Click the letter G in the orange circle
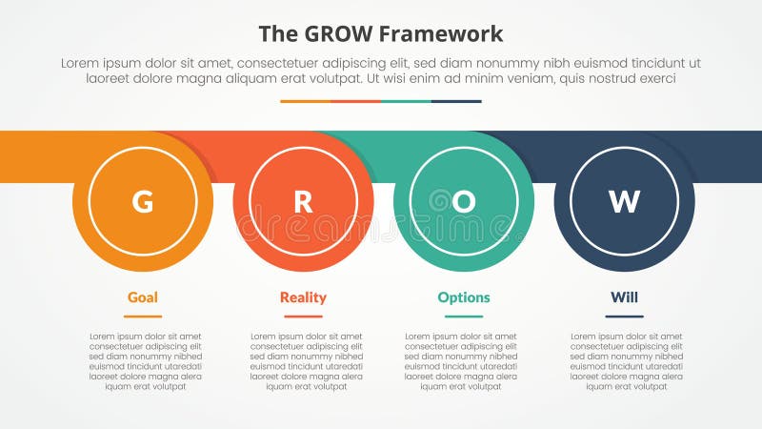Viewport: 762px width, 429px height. [x=143, y=202]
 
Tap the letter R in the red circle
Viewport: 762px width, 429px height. [x=303, y=202]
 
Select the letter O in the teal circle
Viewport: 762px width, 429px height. [x=464, y=202]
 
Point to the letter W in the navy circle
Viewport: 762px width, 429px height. [x=624, y=202]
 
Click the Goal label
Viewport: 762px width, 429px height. [x=143, y=297]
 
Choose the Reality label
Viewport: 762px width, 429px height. [x=303, y=297]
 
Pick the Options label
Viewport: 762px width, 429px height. [x=464, y=297]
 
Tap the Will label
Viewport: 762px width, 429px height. [x=624, y=297]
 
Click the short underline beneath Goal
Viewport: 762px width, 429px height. [x=143, y=317]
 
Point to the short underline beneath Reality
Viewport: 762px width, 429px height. [x=303, y=317]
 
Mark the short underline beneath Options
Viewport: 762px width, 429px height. [x=464, y=317]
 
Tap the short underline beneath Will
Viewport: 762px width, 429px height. [x=624, y=317]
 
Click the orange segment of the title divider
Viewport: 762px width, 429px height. [x=305, y=101]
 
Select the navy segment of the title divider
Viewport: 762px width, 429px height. [x=456, y=101]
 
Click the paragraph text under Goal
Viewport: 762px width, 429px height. [x=146, y=361]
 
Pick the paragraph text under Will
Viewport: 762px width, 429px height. [x=627, y=361]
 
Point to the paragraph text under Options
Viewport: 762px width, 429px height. [x=461, y=361]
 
